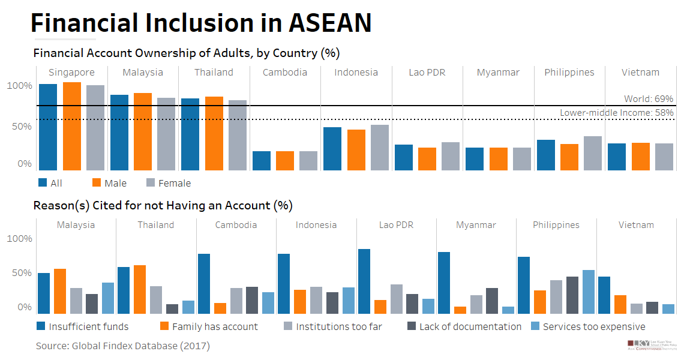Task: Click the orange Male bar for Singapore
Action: click(72, 126)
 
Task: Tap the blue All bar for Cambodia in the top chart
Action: click(261, 160)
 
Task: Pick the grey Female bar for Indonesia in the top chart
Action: click(380, 147)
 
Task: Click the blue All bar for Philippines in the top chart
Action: click(546, 155)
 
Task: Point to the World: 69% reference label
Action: click(649, 99)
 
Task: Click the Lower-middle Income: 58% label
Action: click(617, 113)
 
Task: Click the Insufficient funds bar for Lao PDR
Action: click(364, 281)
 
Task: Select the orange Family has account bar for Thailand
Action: click(139, 289)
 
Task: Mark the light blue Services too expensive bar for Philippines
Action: click(588, 292)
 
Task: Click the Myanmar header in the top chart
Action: click(498, 73)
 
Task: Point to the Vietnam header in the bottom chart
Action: click(636, 225)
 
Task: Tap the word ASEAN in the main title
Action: click(330, 23)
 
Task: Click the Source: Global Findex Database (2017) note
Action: click(122, 346)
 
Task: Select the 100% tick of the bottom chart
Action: click(19, 239)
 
